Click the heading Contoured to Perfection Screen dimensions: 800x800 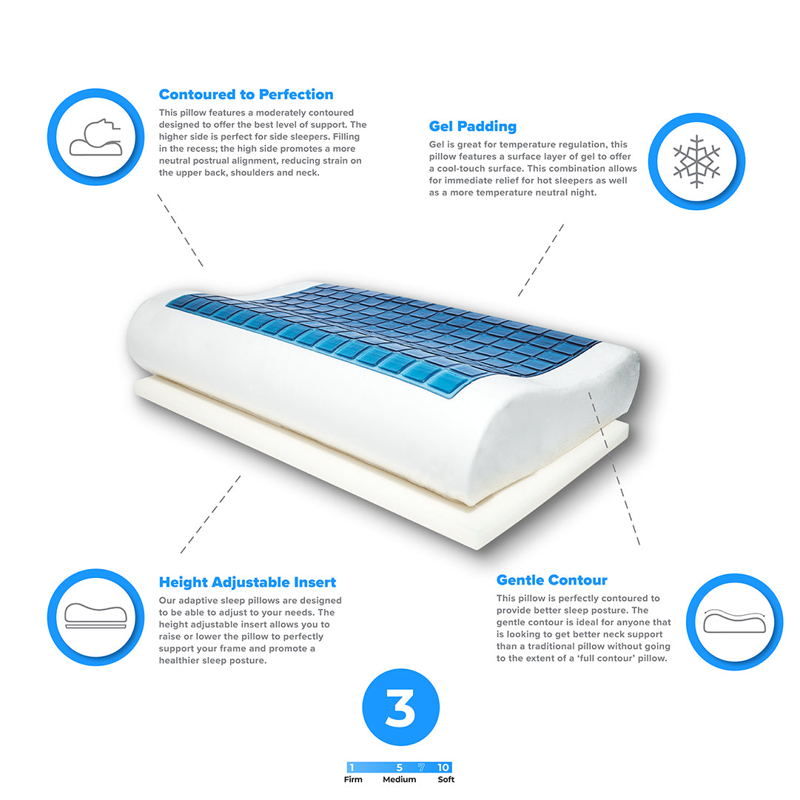point(246,95)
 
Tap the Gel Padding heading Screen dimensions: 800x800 point(472,127)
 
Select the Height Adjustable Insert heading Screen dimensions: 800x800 point(247,582)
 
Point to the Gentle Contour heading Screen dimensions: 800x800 point(551,580)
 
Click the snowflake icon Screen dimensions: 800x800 point(696,161)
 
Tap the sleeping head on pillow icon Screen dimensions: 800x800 point(96,137)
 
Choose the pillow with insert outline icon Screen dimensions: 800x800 point(95,616)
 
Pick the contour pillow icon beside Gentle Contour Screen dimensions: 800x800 point(734,621)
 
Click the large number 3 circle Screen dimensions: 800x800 point(400,707)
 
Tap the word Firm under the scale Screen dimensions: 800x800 point(353,779)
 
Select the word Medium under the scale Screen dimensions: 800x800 point(399,779)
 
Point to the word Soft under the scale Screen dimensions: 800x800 point(446,779)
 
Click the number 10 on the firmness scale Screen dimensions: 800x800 point(443,767)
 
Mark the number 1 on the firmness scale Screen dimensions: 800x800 point(352,767)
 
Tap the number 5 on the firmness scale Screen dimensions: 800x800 point(400,767)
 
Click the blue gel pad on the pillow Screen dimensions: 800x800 point(383,332)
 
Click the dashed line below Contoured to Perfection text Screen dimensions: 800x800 point(180,230)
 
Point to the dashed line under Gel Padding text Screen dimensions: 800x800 point(541,260)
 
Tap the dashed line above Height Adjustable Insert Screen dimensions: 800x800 point(210,514)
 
